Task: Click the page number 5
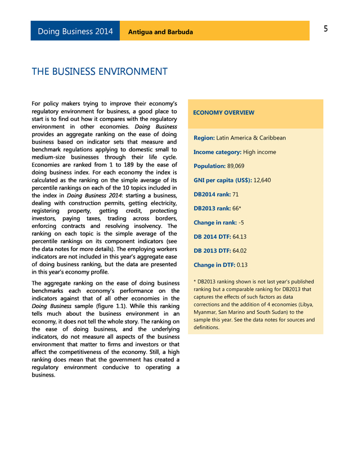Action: pos(326,29)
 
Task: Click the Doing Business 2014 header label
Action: pos(75,32)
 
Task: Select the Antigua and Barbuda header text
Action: pos(160,32)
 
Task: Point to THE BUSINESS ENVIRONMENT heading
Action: pos(100,72)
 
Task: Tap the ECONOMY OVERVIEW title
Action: pos(223,113)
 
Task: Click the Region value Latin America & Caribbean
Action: pos(251,138)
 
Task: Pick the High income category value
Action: pos(259,152)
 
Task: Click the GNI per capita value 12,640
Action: pos(262,181)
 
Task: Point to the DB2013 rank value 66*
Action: pos(237,208)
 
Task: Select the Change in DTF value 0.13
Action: pos(242,265)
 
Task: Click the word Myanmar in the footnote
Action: pos(205,312)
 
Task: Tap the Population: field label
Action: pos(209,167)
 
